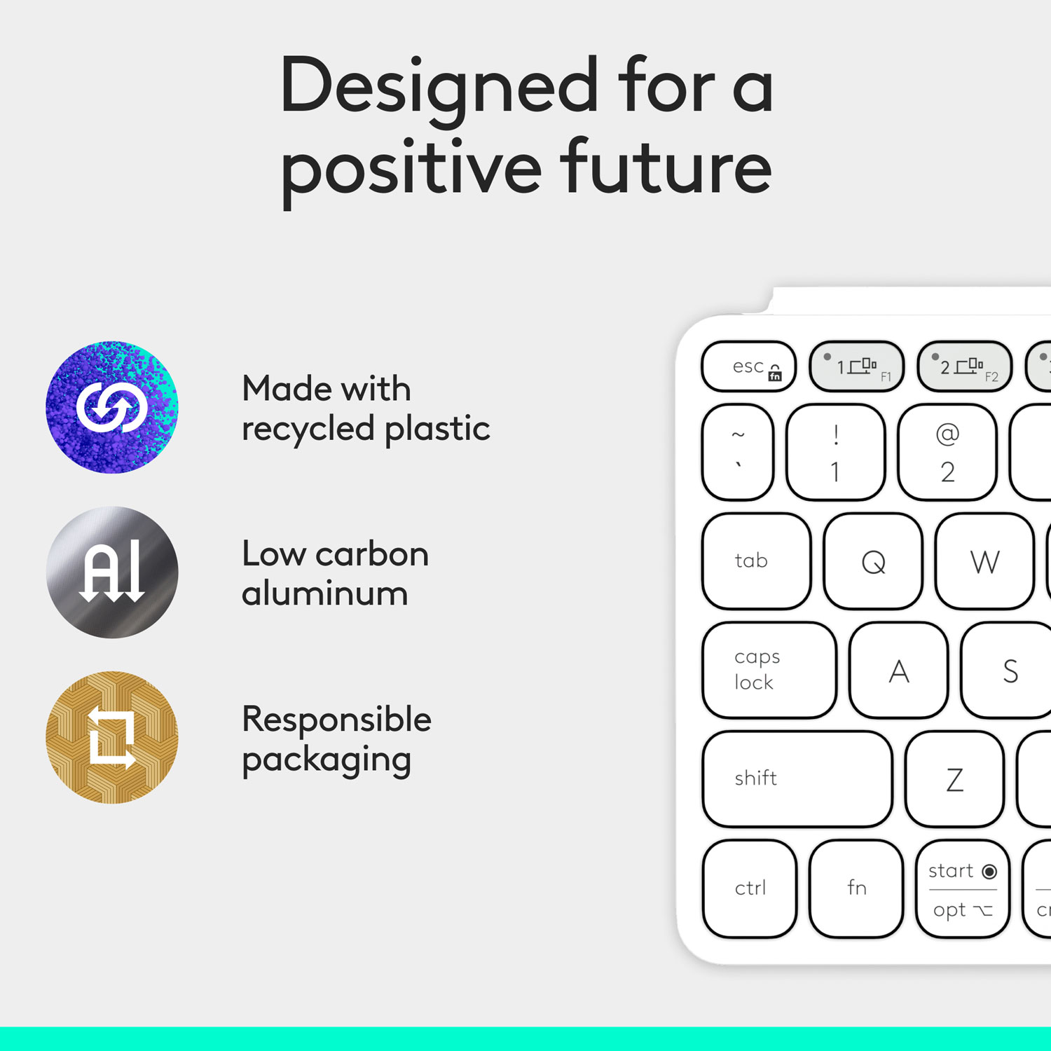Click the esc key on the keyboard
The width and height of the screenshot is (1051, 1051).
click(748, 366)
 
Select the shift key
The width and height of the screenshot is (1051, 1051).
click(797, 778)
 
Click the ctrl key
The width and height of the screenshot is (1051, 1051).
click(750, 888)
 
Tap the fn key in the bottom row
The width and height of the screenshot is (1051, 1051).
click(856, 888)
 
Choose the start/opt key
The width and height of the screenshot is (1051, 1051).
click(963, 889)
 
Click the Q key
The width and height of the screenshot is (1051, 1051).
click(873, 561)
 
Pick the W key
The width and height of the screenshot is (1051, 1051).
click(984, 561)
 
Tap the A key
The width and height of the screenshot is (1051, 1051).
click(899, 671)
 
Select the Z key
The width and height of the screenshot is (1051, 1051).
click(954, 779)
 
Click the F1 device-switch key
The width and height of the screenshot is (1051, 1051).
click(857, 366)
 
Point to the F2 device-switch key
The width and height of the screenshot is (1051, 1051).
click(965, 366)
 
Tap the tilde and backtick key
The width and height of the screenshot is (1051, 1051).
click(738, 452)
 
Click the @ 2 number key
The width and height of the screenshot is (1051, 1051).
click(947, 452)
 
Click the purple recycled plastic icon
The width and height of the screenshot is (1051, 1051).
click(112, 407)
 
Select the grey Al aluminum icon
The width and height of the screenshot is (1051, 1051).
click(112, 572)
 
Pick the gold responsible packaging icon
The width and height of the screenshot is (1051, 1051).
click(112, 737)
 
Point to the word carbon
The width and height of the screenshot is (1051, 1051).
click(372, 554)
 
